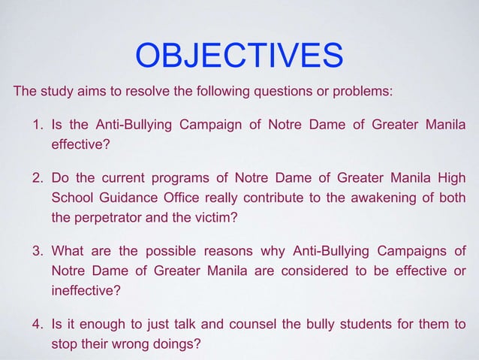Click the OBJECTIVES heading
[239, 56]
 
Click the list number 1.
[37, 123]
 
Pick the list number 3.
[37, 250]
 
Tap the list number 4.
[37, 324]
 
